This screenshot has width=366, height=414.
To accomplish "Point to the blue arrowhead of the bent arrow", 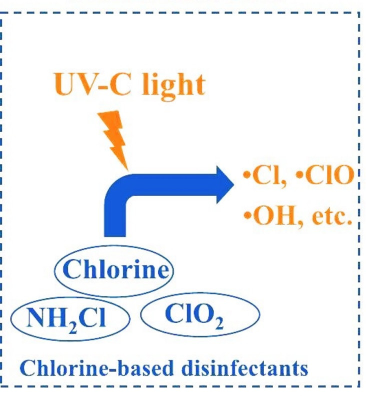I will (x=222, y=184).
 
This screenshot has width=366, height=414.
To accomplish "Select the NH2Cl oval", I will (x=70, y=318).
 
